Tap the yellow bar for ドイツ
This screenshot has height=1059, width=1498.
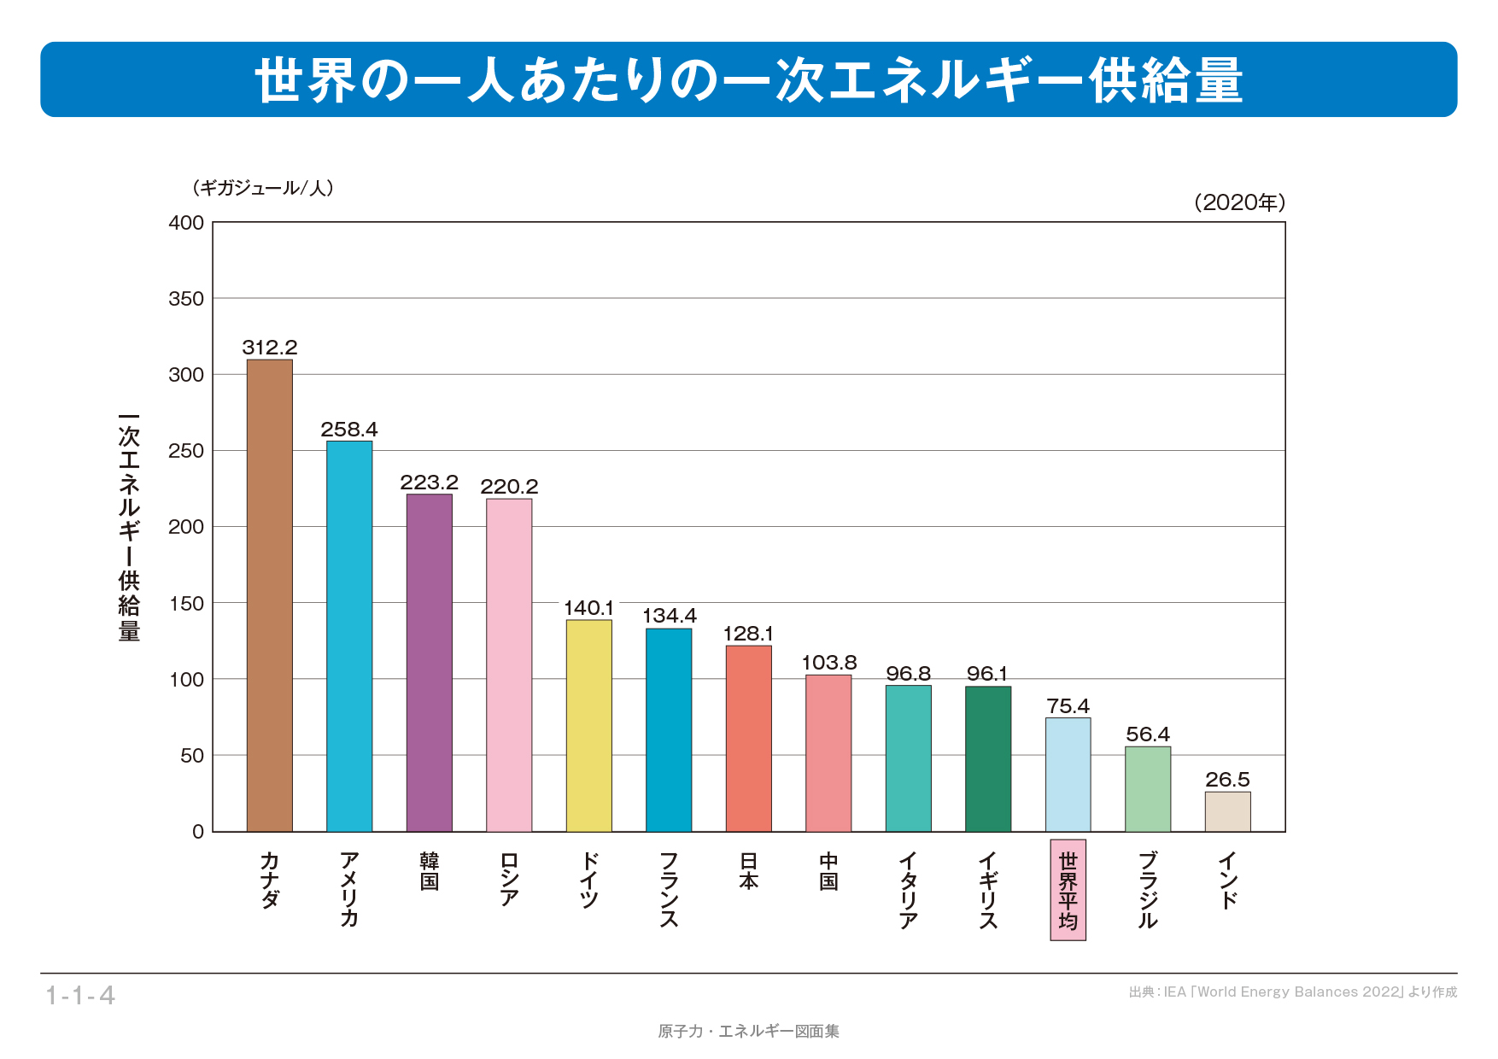click(x=589, y=726)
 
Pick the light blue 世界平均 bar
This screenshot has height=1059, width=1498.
click(x=1068, y=775)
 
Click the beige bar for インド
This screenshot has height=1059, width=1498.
click(x=1227, y=811)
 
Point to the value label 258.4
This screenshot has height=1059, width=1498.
click(x=349, y=429)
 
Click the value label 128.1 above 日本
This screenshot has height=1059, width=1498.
click(x=748, y=634)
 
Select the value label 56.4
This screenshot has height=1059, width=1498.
click(x=1148, y=734)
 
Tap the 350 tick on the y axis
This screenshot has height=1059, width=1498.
click(x=186, y=299)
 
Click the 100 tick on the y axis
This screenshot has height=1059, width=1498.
click(x=186, y=680)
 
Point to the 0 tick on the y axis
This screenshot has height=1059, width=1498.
click(x=198, y=832)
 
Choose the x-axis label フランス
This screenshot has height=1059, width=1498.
click(x=669, y=889)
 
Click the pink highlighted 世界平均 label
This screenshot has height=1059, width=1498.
click(x=1068, y=890)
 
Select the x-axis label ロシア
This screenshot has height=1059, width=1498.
click(x=509, y=879)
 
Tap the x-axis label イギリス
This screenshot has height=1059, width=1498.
click(x=988, y=889)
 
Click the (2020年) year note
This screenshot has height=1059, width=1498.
click(x=1239, y=202)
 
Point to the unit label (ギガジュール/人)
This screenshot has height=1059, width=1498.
click(x=263, y=188)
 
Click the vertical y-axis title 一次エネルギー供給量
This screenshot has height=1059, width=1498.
click(x=129, y=527)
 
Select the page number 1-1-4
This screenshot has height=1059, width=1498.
click(x=80, y=995)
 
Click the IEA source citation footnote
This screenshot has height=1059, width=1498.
click(x=1292, y=992)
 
